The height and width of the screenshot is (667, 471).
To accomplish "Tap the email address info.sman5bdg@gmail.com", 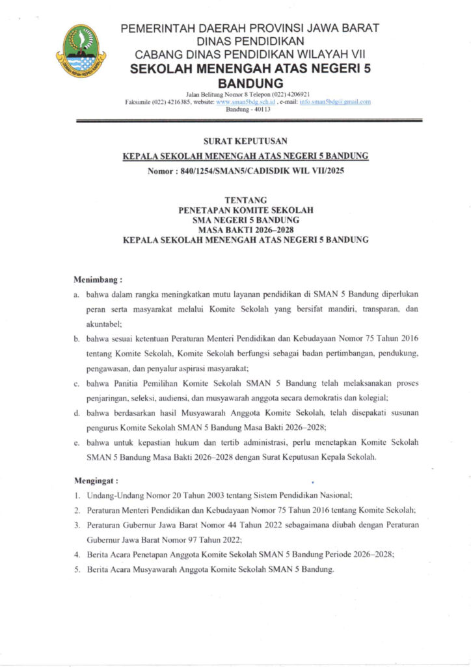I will (x=334, y=102).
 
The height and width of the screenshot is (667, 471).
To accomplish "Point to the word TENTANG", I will (x=245, y=201).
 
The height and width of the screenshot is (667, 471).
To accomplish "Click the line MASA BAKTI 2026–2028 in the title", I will (x=245, y=230).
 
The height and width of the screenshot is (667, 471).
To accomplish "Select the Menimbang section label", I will (x=98, y=279).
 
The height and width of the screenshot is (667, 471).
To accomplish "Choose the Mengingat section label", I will (x=96, y=481).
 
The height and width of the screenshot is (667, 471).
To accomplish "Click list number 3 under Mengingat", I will (x=77, y=524).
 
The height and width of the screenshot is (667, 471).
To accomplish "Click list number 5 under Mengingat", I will (x=77, y=569).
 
